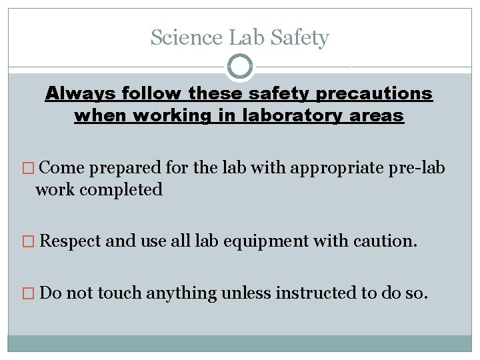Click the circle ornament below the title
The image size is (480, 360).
pos(240,67)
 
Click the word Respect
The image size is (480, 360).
pos(71,240)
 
